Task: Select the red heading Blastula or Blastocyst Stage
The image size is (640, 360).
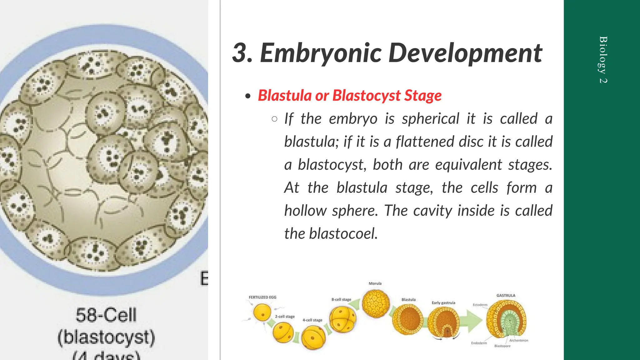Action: (349, 96)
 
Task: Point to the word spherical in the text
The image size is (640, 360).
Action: (431, 119)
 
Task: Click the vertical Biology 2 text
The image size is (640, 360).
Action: (603, 60)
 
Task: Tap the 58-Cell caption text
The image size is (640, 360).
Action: (106, 315)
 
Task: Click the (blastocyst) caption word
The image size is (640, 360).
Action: (106, 337)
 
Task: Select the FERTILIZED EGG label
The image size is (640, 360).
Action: (262, 297)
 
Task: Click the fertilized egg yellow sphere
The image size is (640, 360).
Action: (262, 312)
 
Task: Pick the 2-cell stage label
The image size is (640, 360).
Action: (285, 317)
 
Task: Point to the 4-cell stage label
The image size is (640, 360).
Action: (312, 320)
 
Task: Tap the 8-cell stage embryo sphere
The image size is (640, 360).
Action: (343, 319)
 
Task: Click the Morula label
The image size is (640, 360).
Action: (375, 283)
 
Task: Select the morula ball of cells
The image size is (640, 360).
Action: (376, 303)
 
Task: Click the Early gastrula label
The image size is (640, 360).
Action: (443, 302)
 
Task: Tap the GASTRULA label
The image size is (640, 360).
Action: (506, 295)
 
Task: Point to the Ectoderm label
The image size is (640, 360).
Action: (480, 305)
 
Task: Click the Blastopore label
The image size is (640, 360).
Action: (502, 346)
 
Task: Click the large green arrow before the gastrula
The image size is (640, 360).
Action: (473, 321)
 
